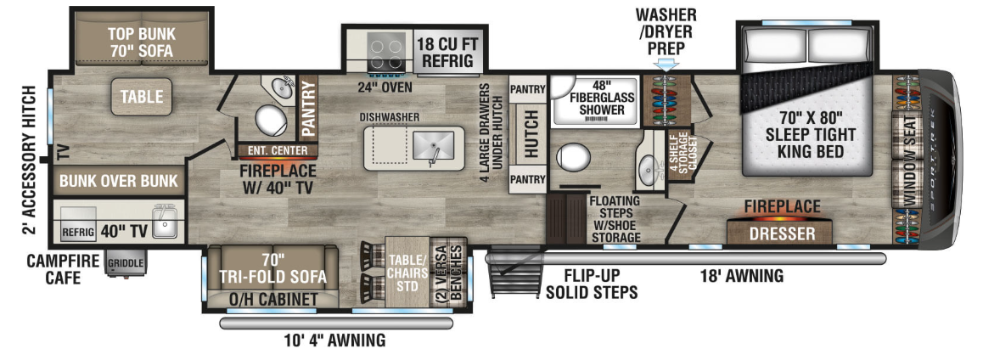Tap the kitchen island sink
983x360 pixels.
click(434, 148)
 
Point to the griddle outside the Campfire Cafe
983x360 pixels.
click(127, 262)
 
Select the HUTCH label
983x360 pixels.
click(531, 134)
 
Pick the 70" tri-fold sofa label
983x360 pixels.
click(273, 267)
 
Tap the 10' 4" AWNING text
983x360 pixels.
click(334, 340)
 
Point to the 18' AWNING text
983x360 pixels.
click(743, 275)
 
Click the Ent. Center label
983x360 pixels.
click(278, 150)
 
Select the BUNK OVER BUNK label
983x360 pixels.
click(119, 181)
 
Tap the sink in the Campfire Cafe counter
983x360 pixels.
click(166, 222)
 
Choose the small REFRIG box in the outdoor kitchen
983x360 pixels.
click(78, 232)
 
